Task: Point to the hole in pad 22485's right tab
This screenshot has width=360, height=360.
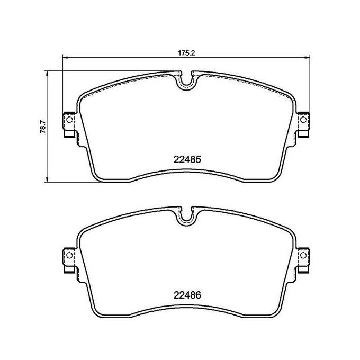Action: coord(303,122)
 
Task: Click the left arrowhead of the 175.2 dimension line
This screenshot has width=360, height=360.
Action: coord(65,57)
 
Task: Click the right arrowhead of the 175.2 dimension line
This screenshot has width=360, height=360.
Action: coord(309,57)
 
